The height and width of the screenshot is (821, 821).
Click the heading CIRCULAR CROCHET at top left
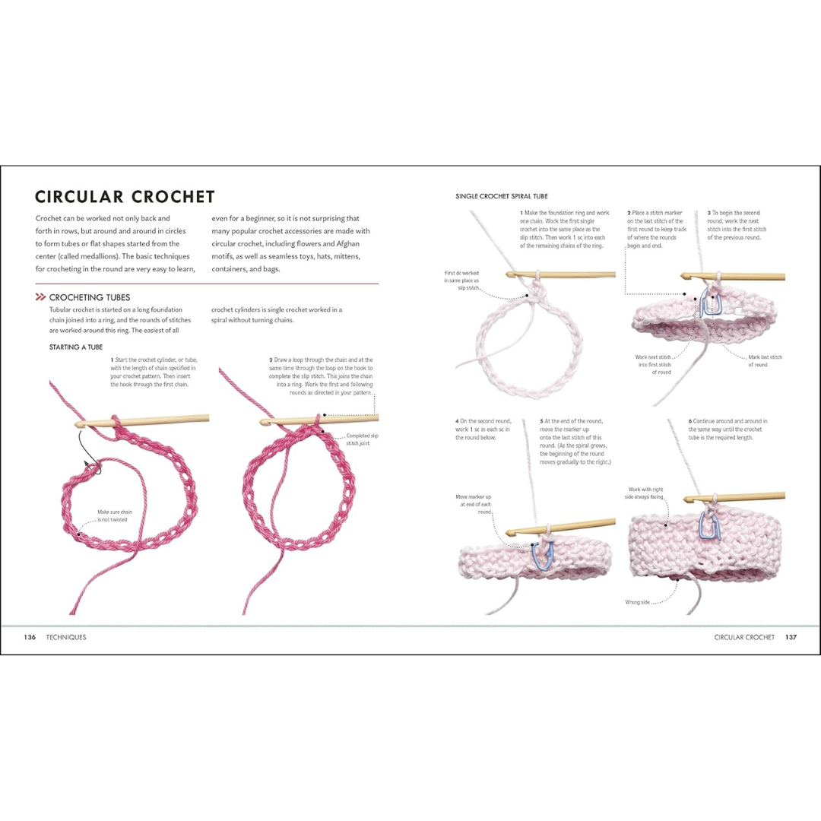coord(125,197)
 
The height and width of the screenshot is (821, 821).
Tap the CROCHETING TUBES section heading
coord(89,297)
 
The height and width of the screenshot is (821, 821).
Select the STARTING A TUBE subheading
coord(75,347)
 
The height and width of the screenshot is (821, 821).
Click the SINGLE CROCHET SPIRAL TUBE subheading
coord(501,196)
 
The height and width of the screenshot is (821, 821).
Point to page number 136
coord(30,637)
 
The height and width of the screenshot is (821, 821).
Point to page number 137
coord(791,637)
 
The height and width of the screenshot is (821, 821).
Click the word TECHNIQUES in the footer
coord(66,637)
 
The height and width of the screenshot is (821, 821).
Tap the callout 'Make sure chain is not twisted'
coord(115,515)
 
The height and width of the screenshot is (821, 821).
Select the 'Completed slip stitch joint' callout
coord(362,439)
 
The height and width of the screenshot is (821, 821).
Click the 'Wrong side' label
coord(638,602)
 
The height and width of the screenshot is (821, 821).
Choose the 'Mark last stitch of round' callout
coord(765,360)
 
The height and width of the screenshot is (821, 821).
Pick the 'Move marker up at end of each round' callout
coord(474,504)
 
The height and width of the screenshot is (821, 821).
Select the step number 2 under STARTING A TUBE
coord(271,360)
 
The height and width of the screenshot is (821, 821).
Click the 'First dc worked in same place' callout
coord(462,280)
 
